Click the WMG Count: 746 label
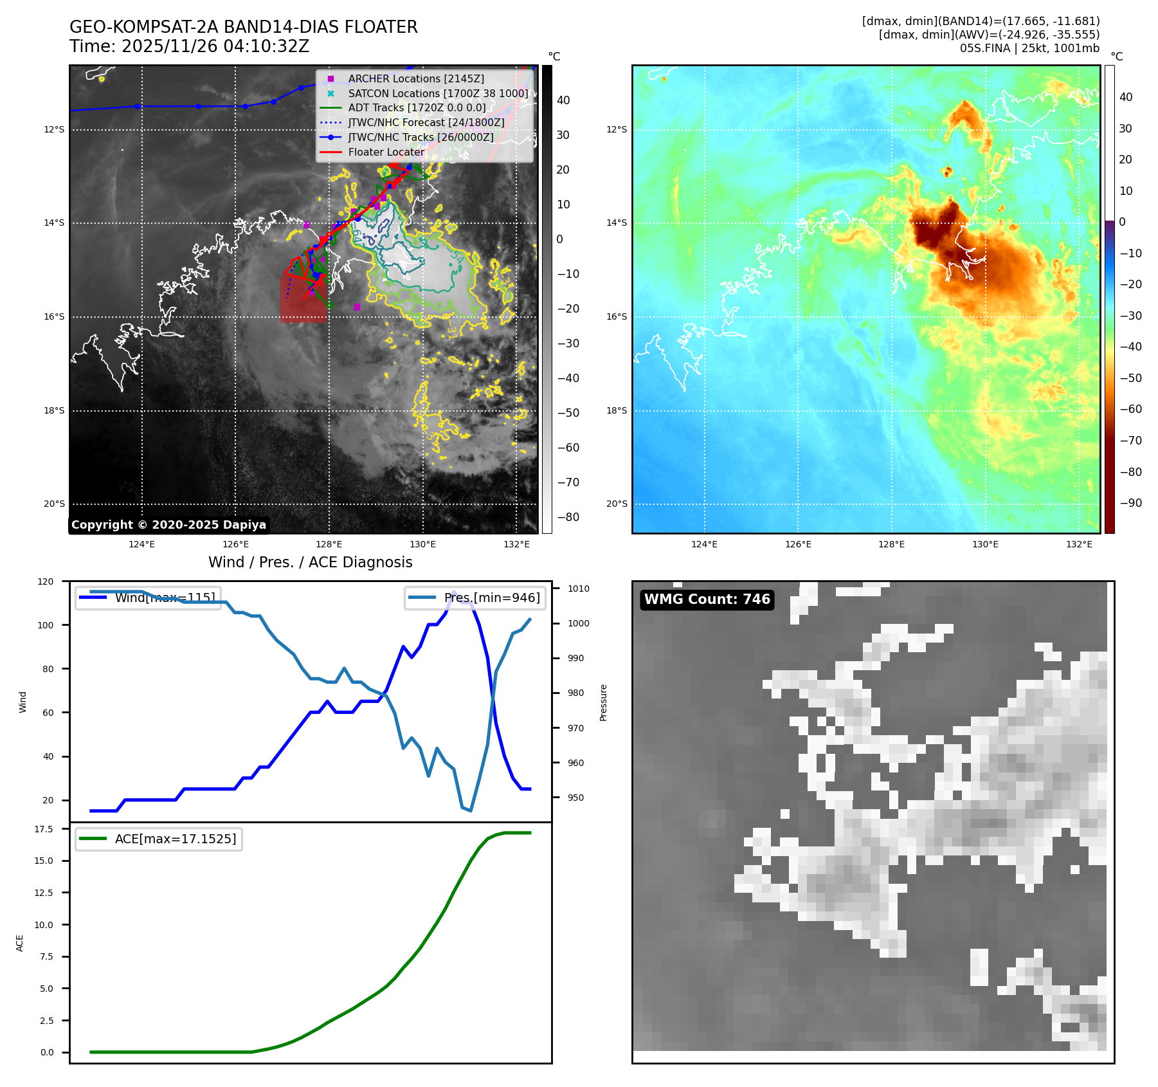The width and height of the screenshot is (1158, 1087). (x=707, y=599)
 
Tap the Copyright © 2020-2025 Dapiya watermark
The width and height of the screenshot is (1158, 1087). (x=168, y=525)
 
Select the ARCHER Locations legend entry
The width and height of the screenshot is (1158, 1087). (x=415, y=78)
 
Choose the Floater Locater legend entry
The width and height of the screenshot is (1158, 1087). (x=386, y=152)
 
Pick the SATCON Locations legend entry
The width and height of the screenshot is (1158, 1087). (x=437, y=93)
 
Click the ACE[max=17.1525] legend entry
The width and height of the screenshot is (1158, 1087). (x=175, y=839)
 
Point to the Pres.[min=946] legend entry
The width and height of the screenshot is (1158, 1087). (x=492, y=598)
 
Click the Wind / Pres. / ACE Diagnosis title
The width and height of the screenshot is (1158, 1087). (x=310, y=562)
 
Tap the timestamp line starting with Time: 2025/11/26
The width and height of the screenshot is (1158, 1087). (x=189, y=47)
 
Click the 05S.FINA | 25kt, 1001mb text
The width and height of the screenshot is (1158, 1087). (x=1029, y=48)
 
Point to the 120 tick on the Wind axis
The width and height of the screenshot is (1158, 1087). (x=46, y=581)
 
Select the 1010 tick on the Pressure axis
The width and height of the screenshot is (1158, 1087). (x=579, y=589)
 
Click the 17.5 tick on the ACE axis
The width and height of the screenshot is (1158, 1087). (x=44, y=829)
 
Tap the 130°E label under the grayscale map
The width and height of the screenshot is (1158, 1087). (x=422, y=544)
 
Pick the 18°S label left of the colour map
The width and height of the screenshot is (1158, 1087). (x=616, y=410)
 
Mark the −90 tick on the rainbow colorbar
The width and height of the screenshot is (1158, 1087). (x=1130, y=503)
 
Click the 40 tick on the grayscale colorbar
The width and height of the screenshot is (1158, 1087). (x=563, y=100)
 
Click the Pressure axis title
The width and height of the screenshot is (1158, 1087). (x=603, y=702)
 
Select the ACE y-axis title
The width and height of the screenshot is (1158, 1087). (x=20, y=943)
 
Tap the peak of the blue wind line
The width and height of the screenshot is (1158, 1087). (x=454, y=592)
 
